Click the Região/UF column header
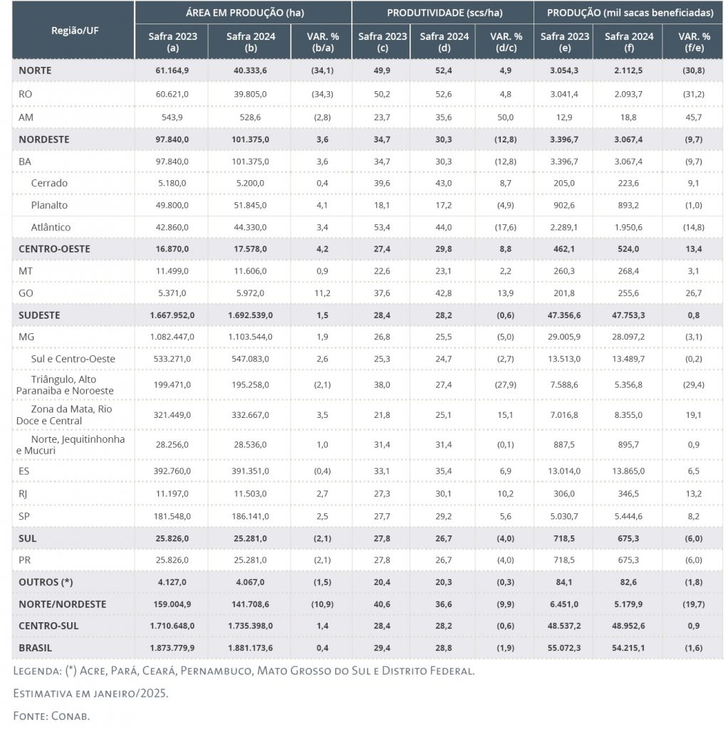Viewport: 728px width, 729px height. (73, 30)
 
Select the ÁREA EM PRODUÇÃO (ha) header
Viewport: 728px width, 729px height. (242, 13)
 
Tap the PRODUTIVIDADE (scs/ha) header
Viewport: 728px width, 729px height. (442, 13)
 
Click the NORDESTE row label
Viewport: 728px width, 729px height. (44, 140)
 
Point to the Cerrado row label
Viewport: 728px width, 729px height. (49, 183)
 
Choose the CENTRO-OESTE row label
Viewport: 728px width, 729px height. (55, 249)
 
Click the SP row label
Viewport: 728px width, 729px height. (25, 515)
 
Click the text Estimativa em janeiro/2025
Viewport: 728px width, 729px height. (90, 693)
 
